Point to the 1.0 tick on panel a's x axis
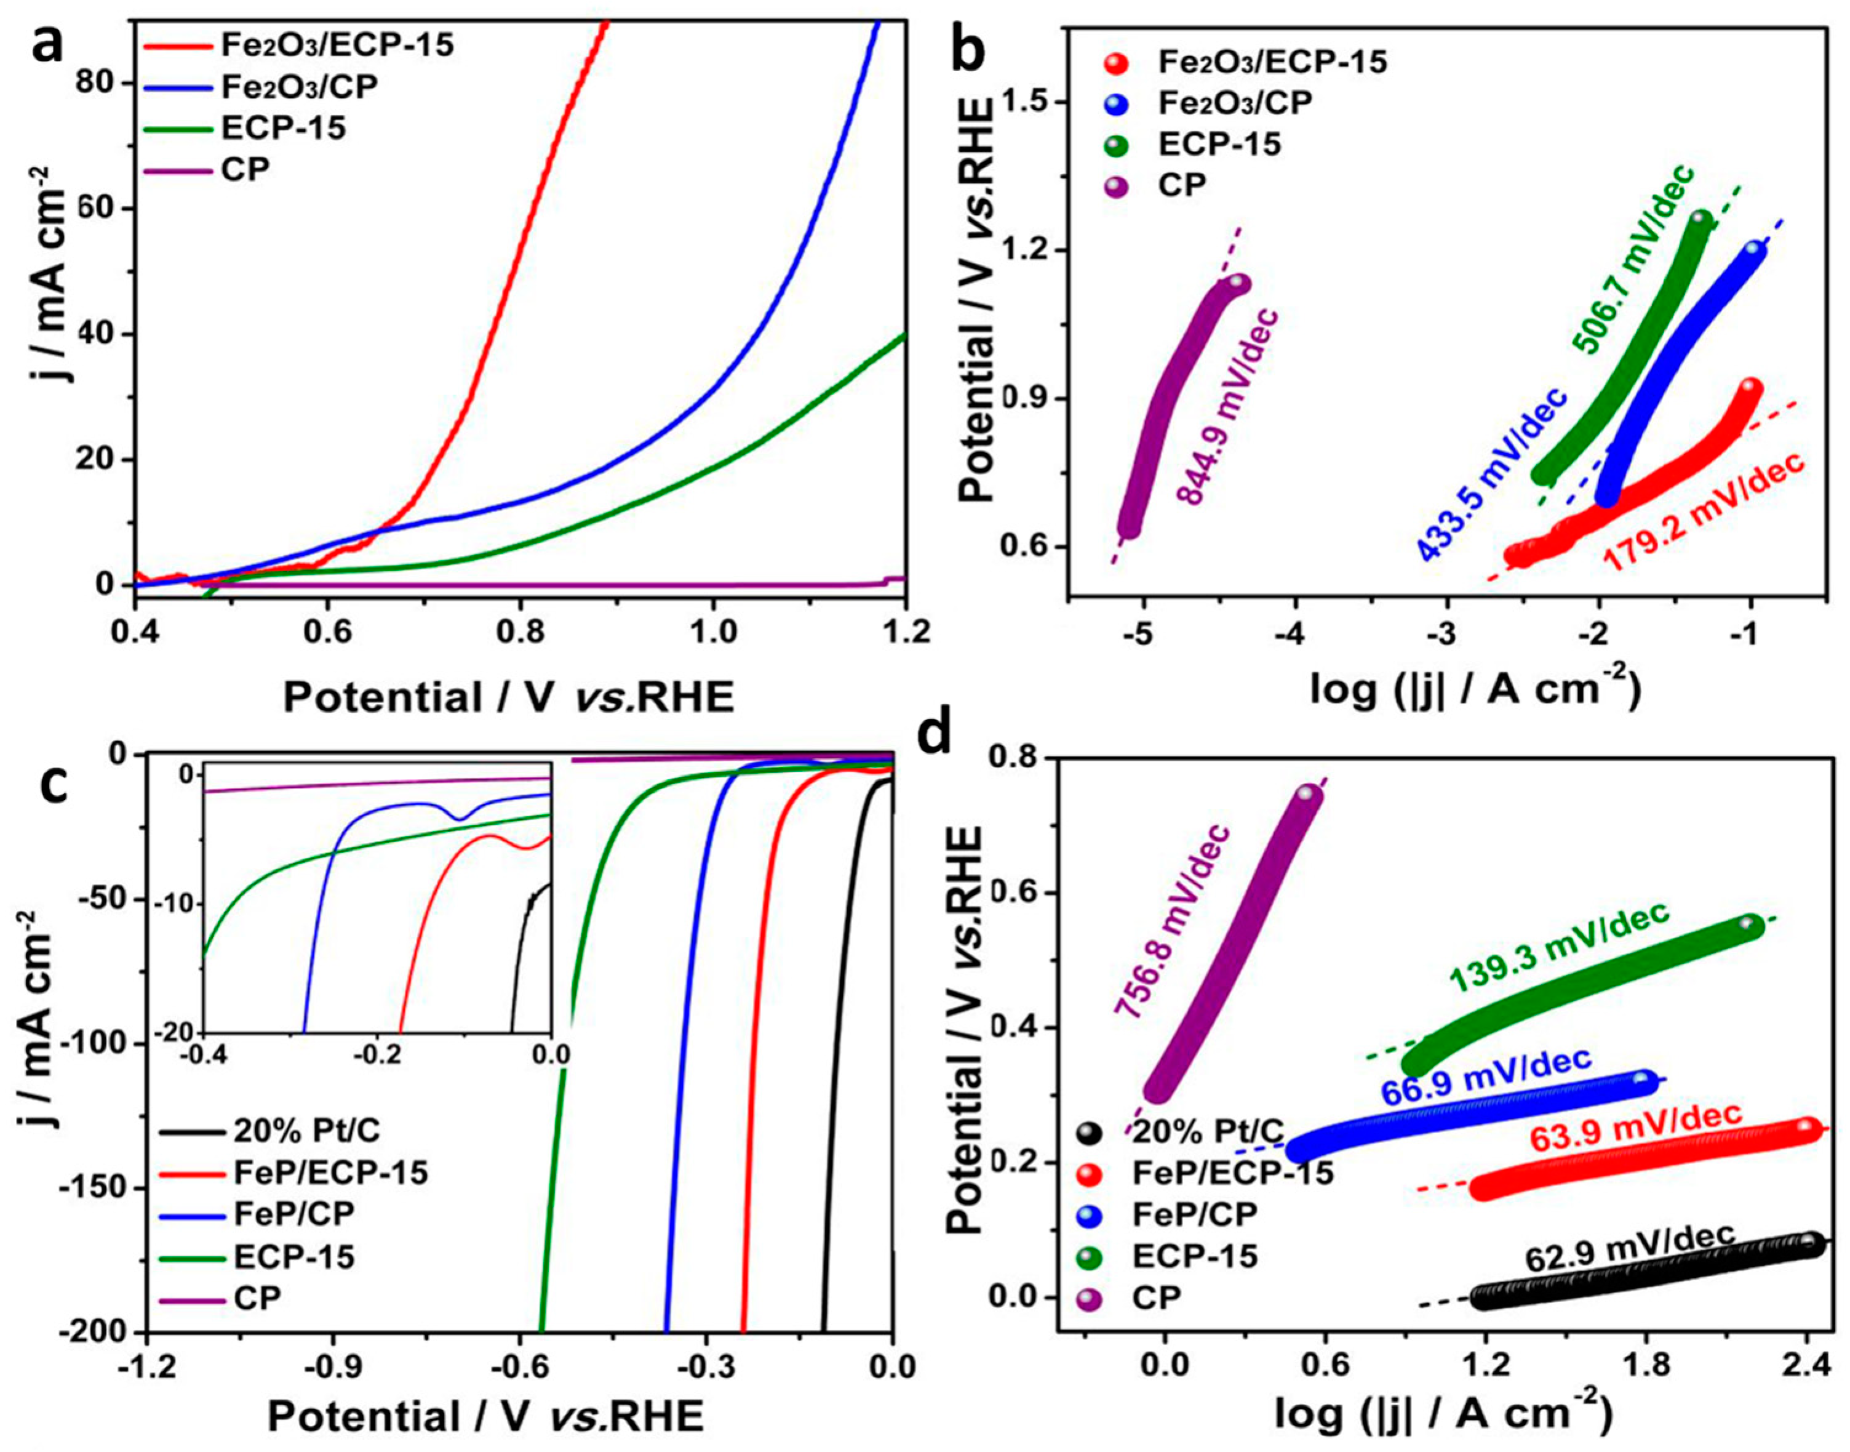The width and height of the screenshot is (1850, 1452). [712, 633]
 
